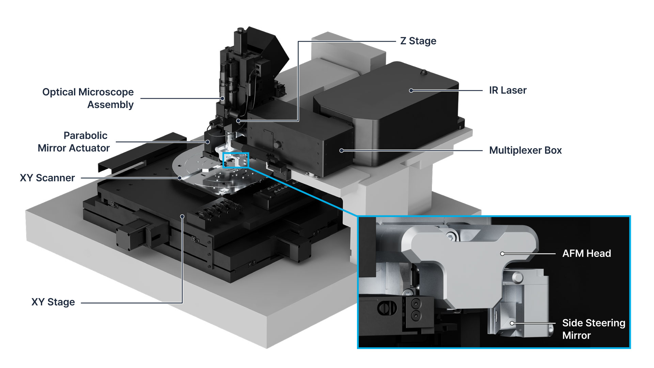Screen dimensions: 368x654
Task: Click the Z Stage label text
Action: coord(418,41)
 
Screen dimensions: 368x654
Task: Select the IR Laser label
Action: coord(508,90)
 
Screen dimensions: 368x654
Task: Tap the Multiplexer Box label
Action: coord(525,150)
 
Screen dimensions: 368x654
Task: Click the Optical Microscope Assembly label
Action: coord(88,98)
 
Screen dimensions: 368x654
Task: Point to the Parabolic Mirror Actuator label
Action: coord(74,142)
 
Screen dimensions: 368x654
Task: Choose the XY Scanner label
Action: coord(47,178)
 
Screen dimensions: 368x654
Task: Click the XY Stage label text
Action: coord(53,302)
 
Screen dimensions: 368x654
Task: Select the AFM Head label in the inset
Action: coord(586,254)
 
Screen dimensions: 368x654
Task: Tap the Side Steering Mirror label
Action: coord(593,329)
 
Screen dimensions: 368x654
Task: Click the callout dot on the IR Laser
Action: coord(411,91)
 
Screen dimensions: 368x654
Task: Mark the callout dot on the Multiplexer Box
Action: coord(341,150)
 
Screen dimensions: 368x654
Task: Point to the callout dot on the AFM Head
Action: coord(502,254)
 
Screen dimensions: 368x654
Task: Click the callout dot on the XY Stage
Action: coord(182,216)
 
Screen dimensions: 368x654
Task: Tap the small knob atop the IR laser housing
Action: coord(424,72)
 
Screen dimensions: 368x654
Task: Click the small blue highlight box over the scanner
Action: coord(236,160)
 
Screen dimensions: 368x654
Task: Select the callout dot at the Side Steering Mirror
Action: coord(512,323)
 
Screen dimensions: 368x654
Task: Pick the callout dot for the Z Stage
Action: coord(238,121)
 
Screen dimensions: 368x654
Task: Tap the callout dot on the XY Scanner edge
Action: coord(180,178)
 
